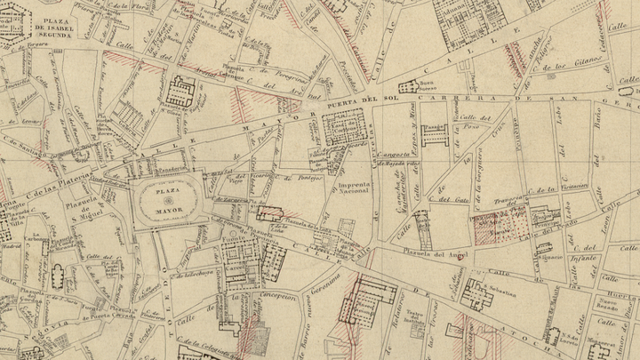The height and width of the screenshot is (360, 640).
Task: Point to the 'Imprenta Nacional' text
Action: [345, 182]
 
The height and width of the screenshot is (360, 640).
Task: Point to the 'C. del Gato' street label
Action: [453, 199]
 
